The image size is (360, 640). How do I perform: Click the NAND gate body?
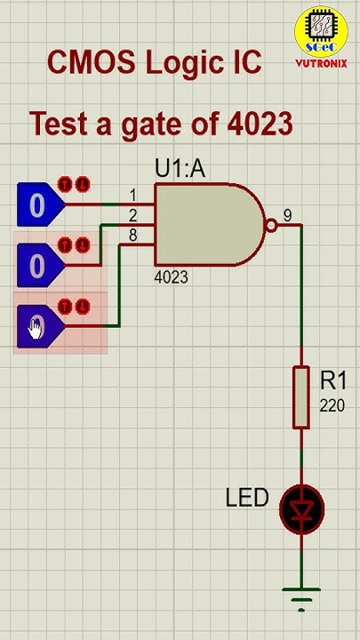coord(208,225)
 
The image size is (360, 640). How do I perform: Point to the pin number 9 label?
coord(287,215)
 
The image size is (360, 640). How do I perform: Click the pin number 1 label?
coord(133,195)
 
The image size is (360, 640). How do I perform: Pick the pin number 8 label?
coord(132,236)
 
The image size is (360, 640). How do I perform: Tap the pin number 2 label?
coord(132,215)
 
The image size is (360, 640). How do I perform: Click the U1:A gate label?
coord(180,168)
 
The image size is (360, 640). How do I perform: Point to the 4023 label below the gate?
coord(171,277)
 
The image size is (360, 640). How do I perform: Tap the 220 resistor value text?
coord(333,405)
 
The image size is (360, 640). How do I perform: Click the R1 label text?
coord(333,381)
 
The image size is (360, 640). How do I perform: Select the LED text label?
coord(247,498)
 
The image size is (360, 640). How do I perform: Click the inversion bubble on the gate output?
coord(272,226)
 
